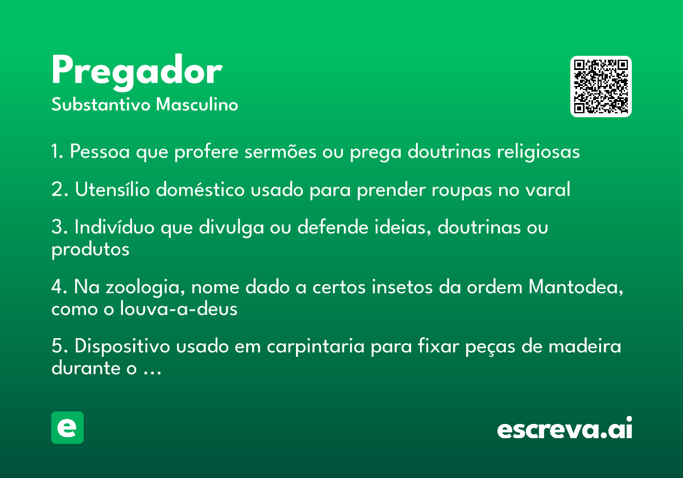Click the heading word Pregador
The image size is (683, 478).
pyautogui.click(x=137, y=72)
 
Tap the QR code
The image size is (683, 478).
pyautogui.click(x=600, y=86)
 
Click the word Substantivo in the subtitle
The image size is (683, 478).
pyautogui.click(x=101, y=104)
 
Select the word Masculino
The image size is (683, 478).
pyautogui.click(x=197, y=104)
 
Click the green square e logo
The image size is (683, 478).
pyautogui.click(x=67, y=427)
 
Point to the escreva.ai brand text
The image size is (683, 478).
pyautogui.click(x=565, y=428)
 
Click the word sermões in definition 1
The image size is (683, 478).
pyautogui.click(x=280, y=151)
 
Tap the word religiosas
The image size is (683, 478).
pyautogui.click(x=538, y=152)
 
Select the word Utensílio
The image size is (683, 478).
pyautogui.click(x=112, y=189)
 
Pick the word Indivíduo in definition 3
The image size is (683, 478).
pyautogui.click(x=114, y=227)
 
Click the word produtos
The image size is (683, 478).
pyautogui.click(x=90, y=250)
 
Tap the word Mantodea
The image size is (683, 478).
pyautogui.click(x=576, y=287)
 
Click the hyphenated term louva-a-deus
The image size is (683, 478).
pyautogui.click(x=179, y=308)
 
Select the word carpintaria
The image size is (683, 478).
pyautogui.click(x=315, y=347)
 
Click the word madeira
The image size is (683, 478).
pyautogui.click(x=585, y=347)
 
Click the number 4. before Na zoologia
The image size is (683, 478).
pyautogui.click(x=59, y=287)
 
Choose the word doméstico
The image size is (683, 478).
pyautogui.click(x=200, y=189)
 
